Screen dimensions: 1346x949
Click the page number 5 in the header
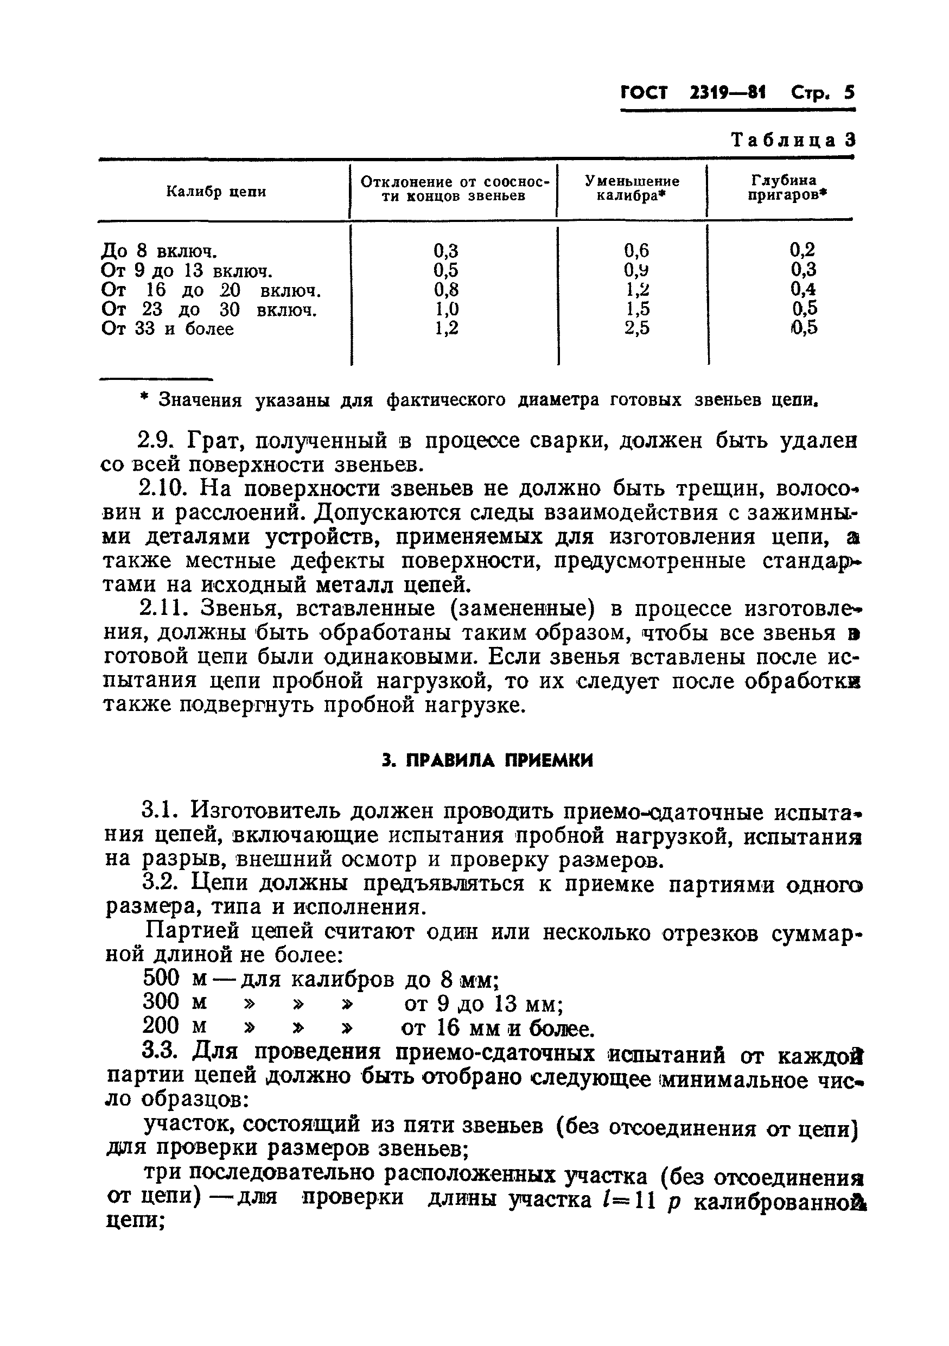click(849, 93)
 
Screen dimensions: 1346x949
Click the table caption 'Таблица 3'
click(793, 140)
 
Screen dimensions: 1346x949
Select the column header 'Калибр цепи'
click(216, 192)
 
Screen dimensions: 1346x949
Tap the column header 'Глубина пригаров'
click(786, 188)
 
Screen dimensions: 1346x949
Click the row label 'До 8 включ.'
click(160, 251)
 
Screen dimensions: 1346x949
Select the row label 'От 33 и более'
click(168, 329)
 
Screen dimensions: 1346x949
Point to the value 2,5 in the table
click(636, 328)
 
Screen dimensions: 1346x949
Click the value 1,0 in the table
click(446, 309)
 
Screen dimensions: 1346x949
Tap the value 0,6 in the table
click(636, 251)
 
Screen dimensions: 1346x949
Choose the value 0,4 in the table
click(803, 289)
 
